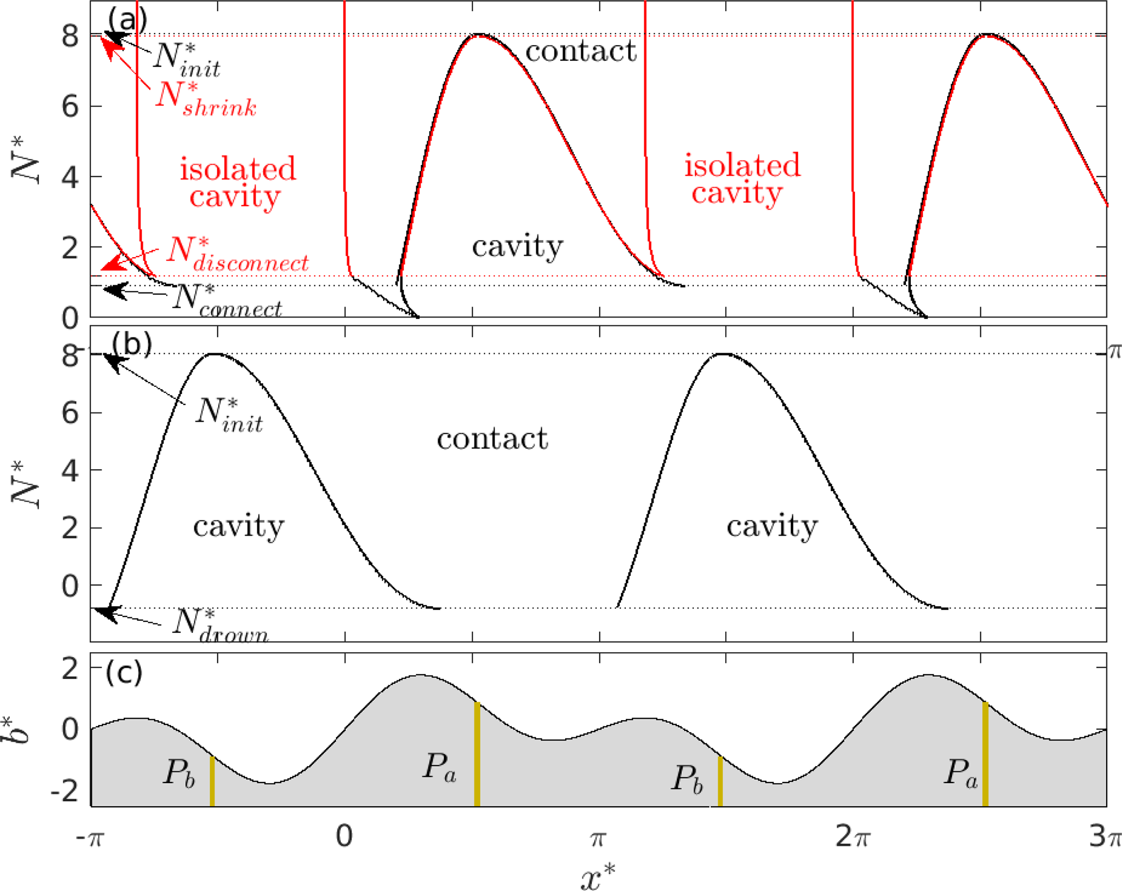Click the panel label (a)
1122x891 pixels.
pos(127,20)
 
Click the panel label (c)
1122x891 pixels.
pos(124,672)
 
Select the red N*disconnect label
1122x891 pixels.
pos(237,254)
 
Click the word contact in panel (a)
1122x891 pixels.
pos(581,52)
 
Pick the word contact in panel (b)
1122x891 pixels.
pos(492,438)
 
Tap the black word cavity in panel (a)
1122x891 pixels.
pos(517,246)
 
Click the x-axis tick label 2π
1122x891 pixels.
pos(853,836)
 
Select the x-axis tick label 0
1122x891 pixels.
pos(344,836)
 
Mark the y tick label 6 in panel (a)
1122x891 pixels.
pos(70,107)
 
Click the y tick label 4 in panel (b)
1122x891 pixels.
pos(70,470)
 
